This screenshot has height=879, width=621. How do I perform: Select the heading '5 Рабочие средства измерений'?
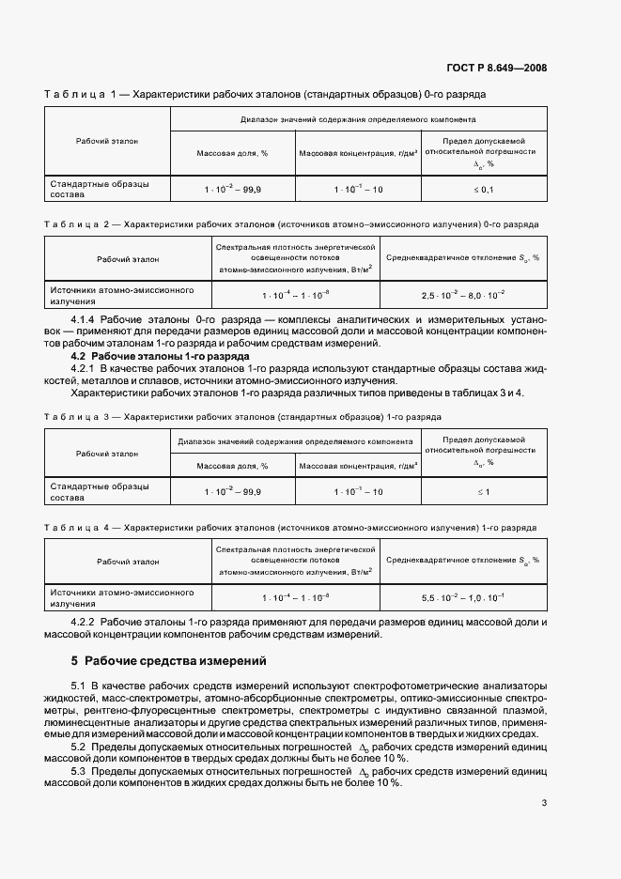[169, 660]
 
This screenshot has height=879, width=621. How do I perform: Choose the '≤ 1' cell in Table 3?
[483, 491]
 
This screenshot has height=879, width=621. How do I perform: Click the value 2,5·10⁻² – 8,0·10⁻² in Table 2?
[462, 296]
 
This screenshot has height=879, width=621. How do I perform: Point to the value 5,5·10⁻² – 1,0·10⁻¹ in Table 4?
[462, 597]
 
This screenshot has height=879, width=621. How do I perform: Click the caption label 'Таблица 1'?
[79, 94]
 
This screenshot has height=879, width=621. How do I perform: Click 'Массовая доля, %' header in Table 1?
[232, 151]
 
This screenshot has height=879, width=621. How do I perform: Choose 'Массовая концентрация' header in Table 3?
[357, 464]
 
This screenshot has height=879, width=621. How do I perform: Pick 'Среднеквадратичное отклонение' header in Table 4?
[462, 561]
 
